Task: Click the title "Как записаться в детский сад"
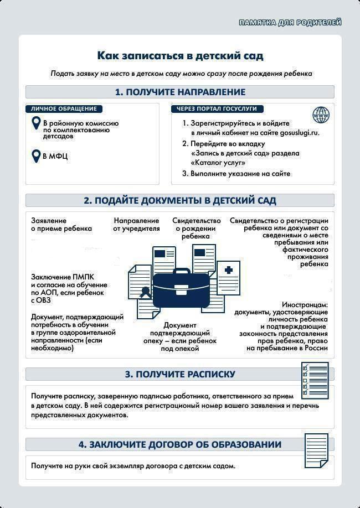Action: coord(180,56)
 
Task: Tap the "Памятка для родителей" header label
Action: coord(290,23)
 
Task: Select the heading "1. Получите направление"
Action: coord(180,92)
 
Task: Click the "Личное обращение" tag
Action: coord(64,109)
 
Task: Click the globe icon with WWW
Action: coord(321,115)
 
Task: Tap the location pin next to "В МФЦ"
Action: coord(36,155)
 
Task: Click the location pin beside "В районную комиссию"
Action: coord(36,123)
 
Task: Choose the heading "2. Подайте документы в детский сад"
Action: coord(180,200)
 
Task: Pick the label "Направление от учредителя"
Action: coord(136,224)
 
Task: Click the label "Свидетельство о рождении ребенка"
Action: coord(196,228)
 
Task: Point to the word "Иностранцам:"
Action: coord(305,305)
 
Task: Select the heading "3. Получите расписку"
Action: coord(180,374)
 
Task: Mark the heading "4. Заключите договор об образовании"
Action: coord(180,444)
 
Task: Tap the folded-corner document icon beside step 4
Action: coord(317,450)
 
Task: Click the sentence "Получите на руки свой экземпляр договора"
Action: coord(133,465)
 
